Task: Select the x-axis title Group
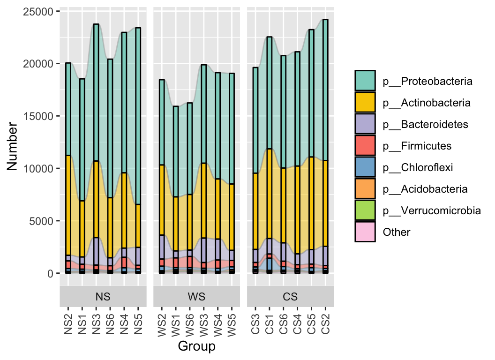tap(197, 346)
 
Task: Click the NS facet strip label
tap(103, 297)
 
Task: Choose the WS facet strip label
tap(197, 297)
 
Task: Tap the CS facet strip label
tap(290, 297)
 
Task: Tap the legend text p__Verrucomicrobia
tap(431, 210)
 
